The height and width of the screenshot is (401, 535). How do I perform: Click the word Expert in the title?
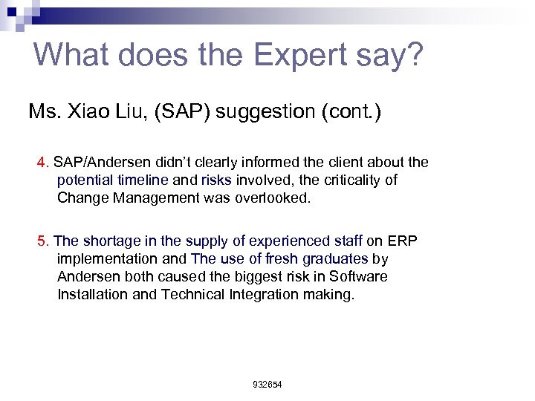296,56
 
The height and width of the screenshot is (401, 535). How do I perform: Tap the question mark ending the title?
416,54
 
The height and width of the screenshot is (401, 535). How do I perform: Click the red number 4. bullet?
43,163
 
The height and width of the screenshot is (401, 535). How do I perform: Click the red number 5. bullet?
43,241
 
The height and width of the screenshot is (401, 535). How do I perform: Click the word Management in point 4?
149,198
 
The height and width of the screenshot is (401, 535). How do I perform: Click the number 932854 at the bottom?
267,385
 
